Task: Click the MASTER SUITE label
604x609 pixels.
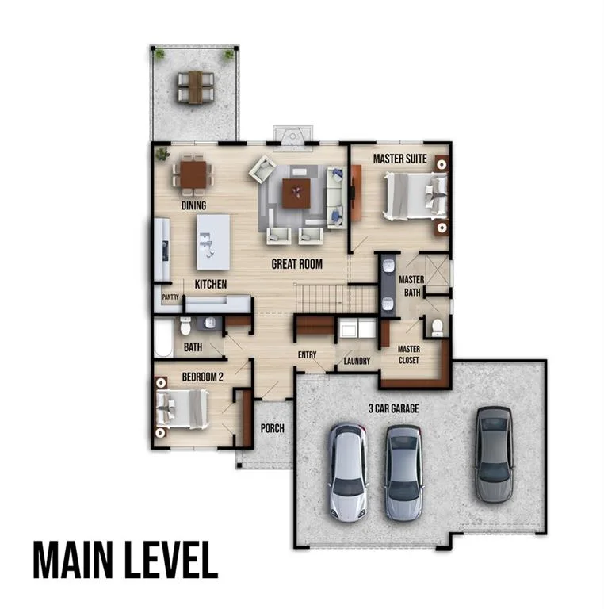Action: point(399,159)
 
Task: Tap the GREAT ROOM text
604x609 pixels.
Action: point(297,264)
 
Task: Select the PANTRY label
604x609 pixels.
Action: point(170,297)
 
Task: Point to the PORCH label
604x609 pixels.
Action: point(273,428)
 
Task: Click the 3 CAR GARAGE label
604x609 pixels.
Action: point(394,408)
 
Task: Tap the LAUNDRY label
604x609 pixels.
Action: point(357,362)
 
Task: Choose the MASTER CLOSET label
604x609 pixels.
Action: point(409,354)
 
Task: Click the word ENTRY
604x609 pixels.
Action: point(307,354)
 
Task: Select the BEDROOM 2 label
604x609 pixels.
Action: point(203,377)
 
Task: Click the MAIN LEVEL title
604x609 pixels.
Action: point(125,560)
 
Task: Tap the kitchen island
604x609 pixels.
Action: point(213,242)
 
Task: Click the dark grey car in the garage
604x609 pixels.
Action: point(494,454)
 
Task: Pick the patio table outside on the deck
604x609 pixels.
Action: point(196,87)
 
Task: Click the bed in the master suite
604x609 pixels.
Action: point(415,197)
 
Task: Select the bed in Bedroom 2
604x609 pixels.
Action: point(182,409)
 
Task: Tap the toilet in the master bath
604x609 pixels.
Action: point(437,327)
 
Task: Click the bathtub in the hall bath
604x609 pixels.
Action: point(163,337)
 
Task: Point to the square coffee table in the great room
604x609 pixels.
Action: point(296,193)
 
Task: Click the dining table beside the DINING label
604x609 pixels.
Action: point(193,174)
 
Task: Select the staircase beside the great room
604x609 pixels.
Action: point(336,298)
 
